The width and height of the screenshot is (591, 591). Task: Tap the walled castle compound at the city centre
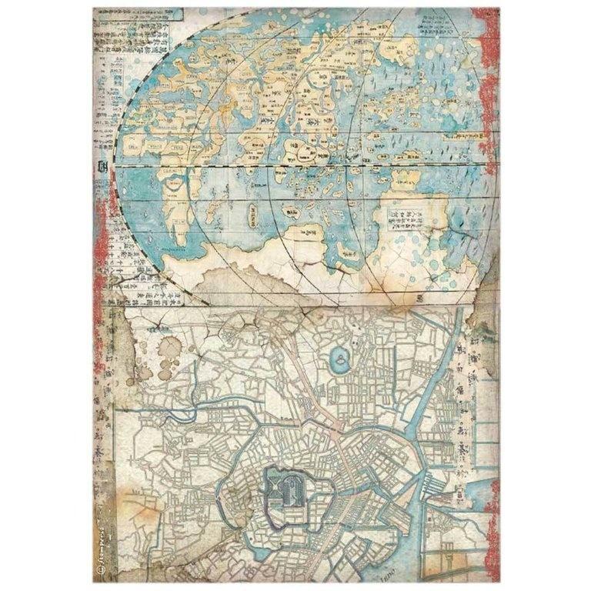click(288, 489)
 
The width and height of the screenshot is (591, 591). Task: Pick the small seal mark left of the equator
click(103, 165)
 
